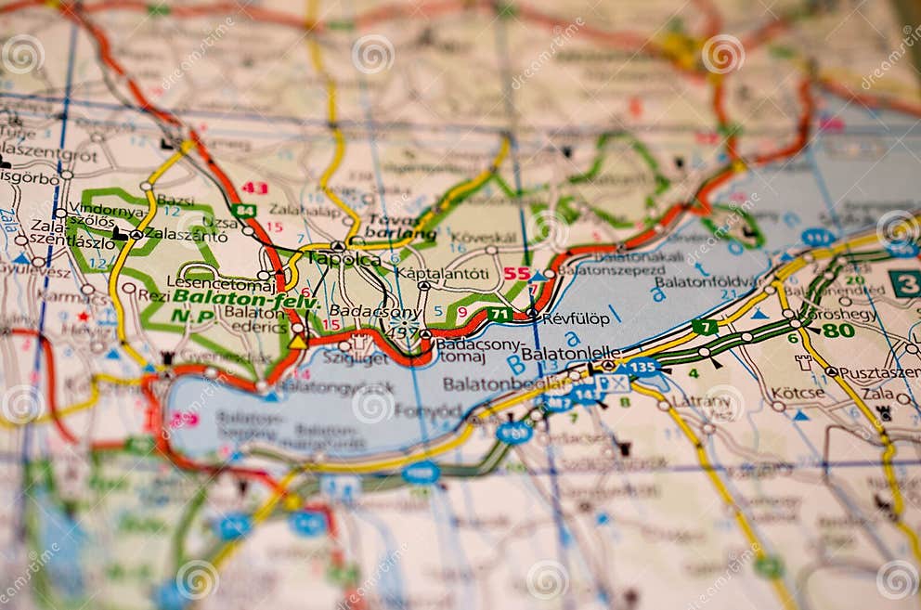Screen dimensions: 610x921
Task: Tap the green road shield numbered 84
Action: [244, 211]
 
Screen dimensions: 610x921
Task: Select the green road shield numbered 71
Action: [499, 314]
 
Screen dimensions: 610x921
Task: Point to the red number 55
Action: [517, 274]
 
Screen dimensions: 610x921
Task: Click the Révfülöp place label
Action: [577, 318]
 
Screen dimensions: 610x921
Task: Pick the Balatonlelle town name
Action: [570, 354]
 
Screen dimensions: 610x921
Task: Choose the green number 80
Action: [838, 330]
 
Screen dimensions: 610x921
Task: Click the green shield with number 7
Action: [705, 326]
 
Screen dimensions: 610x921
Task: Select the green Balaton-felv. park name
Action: [246, 299]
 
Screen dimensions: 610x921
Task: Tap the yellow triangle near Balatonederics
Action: [297, 342]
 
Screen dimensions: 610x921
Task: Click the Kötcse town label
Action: [798, 393]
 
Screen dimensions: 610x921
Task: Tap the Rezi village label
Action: [153, 295]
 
